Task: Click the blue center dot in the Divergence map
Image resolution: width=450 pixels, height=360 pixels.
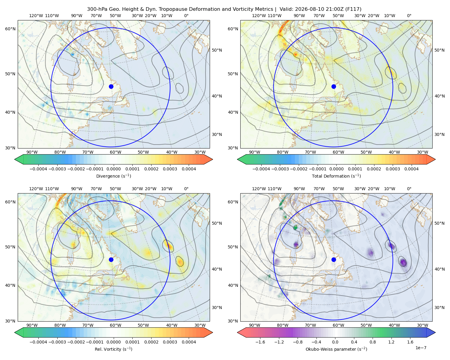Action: pos(111,87)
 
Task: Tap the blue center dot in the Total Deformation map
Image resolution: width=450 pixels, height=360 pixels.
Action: pos(334,87)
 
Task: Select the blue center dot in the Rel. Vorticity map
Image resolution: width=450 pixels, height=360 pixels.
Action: pos(111,259)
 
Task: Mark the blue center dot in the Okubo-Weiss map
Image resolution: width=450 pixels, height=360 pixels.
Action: pos(334,259)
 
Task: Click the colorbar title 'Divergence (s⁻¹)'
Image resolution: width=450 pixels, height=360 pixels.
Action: pos(113,176)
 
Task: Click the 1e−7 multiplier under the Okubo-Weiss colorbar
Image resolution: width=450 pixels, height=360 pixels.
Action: pos(421,348)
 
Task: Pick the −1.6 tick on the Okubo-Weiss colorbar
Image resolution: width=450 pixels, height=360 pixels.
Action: pos(260,342)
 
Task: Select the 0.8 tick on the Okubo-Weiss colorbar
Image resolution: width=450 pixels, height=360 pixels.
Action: pos(373,342)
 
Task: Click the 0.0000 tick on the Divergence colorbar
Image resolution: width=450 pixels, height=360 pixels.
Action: pos(113,169)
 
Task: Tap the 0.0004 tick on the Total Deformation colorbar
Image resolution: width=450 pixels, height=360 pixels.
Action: pos(411,169)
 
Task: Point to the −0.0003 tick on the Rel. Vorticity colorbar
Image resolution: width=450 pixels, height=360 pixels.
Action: pos(57,342)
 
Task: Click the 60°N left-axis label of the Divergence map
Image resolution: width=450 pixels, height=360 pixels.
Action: pos(10,29)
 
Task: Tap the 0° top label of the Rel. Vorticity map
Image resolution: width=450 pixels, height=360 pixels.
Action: pos(186,189)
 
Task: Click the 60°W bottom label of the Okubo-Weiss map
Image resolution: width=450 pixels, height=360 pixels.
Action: pos(338,325)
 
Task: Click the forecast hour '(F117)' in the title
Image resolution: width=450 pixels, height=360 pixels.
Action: pos(353,9)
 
